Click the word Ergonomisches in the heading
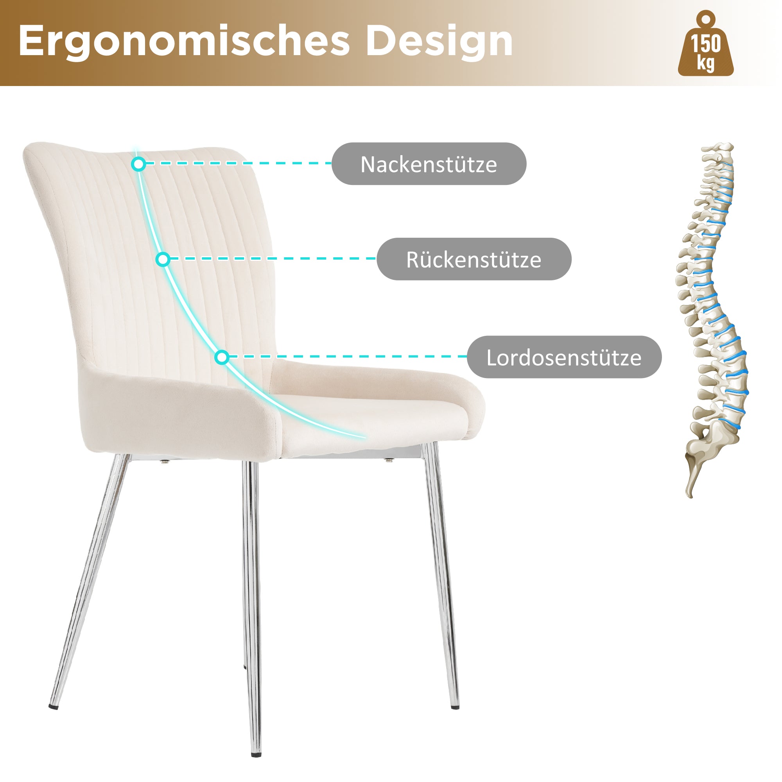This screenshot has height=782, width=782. tap(184, 41)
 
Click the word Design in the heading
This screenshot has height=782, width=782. tap(439, 41)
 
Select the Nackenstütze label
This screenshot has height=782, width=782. tap(429, 164)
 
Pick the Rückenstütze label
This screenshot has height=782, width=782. tap(474, 259)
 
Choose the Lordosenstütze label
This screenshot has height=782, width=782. tap(564, 357)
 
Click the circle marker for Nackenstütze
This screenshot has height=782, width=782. tap(138, 164)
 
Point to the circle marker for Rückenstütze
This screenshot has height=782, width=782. tap(163, 259)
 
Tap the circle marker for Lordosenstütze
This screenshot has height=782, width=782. tap(222, 357)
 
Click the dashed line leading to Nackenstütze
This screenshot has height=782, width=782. tap(239, 163)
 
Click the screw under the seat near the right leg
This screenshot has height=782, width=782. tap(389, 460)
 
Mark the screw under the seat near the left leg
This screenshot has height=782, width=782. tap(164, 461)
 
